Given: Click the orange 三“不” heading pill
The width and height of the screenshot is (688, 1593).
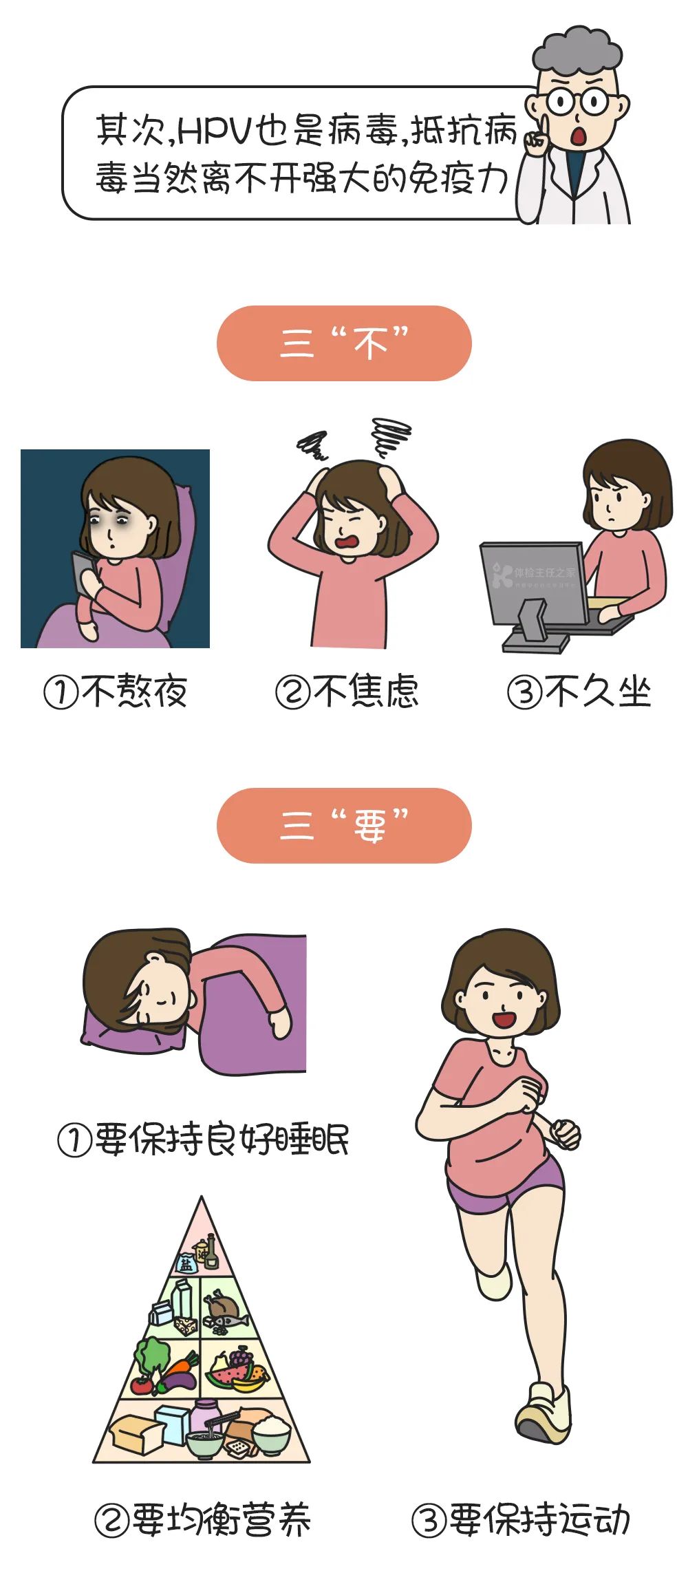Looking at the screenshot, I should click(x=344, y=343).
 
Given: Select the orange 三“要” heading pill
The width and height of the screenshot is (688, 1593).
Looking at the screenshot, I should click(x=344, y=825).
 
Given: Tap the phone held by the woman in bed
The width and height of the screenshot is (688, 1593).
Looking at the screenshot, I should click(x=83, y=572).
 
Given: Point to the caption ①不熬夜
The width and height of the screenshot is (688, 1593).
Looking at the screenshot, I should click(x=116, y=692).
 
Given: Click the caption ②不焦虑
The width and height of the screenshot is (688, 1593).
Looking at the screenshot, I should click(x=347, y=692).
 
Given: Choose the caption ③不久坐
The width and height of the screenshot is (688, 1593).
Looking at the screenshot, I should click(x=579, y=692).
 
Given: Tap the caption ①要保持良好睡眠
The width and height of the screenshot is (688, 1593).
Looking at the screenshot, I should click(x=204, y=1140).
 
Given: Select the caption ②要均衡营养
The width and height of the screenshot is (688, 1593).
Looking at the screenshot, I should click(x=203, y=1520).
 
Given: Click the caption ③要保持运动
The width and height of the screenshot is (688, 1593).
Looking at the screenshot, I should click(x=521, y=1520).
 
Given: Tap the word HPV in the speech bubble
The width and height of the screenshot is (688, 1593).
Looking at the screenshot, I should click(x=215, y=131).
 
